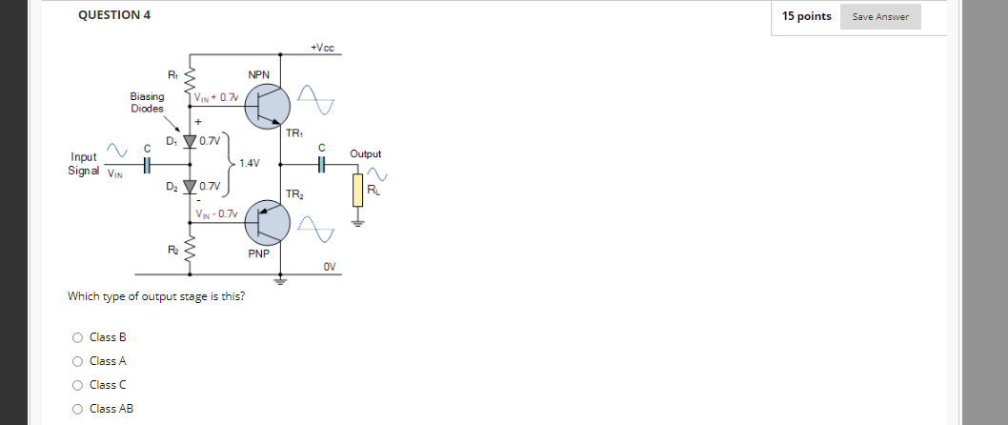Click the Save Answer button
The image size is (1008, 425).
[x=880, y=16]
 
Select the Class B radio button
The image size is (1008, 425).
[x=77, y=336]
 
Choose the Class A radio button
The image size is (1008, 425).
[x=77, y=360]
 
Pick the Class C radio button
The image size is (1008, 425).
[x=77, y=384]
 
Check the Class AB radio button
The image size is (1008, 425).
[x=77, y=408]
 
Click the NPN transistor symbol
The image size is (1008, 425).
[x=267, y=107]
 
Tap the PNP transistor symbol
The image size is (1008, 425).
[x=267, y=223]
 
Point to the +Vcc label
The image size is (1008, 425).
[x=322, y=49]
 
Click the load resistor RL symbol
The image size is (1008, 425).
[x=358, y=190]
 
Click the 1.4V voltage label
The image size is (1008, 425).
[x=251, y=163]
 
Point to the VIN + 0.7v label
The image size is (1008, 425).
[x=216, y=96]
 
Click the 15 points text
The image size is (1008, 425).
[x=806, y=16]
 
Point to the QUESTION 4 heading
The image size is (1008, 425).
[x=113, y=15]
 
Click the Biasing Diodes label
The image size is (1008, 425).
[x=148, y=102]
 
